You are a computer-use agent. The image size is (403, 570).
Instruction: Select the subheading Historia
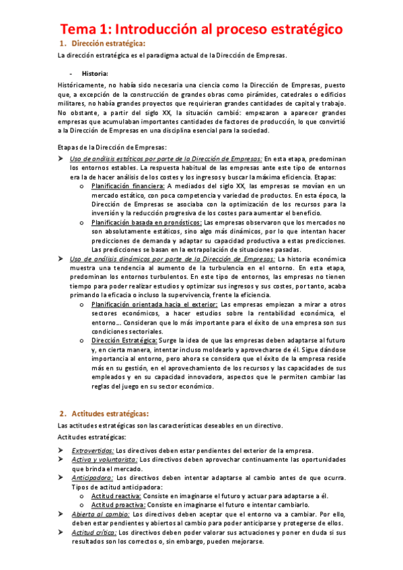point(94,73)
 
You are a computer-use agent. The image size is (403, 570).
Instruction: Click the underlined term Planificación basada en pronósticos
point(146,222)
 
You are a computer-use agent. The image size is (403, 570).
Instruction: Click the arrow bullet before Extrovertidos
point(61,450)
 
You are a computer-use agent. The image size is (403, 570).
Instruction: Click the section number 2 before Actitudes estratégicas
point(61,413)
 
